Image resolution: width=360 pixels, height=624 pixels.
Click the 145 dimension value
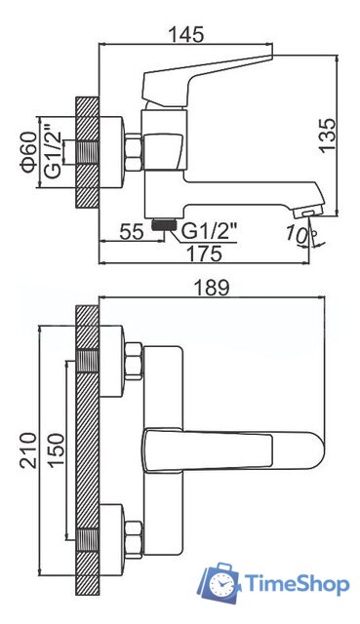186,35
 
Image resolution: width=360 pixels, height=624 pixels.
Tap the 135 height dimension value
328,135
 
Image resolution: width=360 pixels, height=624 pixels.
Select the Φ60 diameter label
29,152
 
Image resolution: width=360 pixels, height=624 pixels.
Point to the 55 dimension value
132,231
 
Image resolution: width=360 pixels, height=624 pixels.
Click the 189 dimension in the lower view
212,288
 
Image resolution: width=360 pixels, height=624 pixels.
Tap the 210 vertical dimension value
28,450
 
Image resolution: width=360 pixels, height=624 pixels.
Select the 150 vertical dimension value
57,449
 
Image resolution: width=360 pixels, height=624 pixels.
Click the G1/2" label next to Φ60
53,152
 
